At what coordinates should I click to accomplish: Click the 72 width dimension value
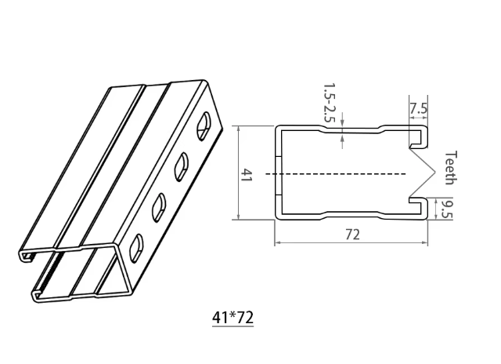[352, 235]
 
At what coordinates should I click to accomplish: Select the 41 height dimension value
[247, 174]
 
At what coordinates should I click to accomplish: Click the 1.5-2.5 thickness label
[330, 105]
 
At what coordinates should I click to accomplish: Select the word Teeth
[450, 166]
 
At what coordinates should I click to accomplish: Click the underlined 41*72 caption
[232, 318]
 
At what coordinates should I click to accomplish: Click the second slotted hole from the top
[182, 162]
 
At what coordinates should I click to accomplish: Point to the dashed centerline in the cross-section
[337, 173]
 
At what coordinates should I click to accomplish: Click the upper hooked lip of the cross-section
[421, 138]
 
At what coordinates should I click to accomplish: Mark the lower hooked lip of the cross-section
[421, 206]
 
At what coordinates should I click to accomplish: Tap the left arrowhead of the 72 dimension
[276, 244]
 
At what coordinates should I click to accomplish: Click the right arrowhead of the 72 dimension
[427, 244]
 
